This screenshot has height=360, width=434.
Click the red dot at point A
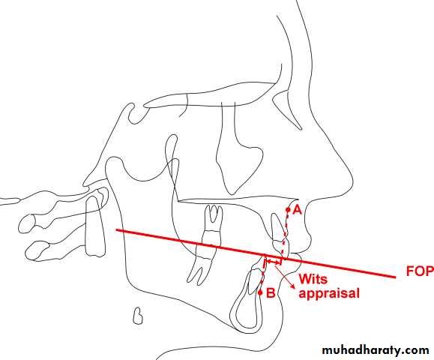click(x=288, y=210)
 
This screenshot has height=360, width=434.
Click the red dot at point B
click(x=260, y=292)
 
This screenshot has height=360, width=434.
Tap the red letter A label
click(x=297, y=210)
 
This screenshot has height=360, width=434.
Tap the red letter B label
click(x=271, y=292)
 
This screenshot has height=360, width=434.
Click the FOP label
click(x=420, y=271)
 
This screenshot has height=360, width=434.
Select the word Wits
click(x=313, y=279)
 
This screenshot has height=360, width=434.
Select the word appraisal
click(x=329, y=293)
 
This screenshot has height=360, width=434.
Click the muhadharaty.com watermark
click(x=376, y=350)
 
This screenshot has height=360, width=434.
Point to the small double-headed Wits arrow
click(x=274, y=261)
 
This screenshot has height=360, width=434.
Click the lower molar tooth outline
click(x=202, y=265)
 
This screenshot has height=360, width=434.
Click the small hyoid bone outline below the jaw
click(x=138, y=316)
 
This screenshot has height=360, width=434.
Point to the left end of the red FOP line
click(x=117, y=229)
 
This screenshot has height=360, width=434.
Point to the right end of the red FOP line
click(x=395, y=276)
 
